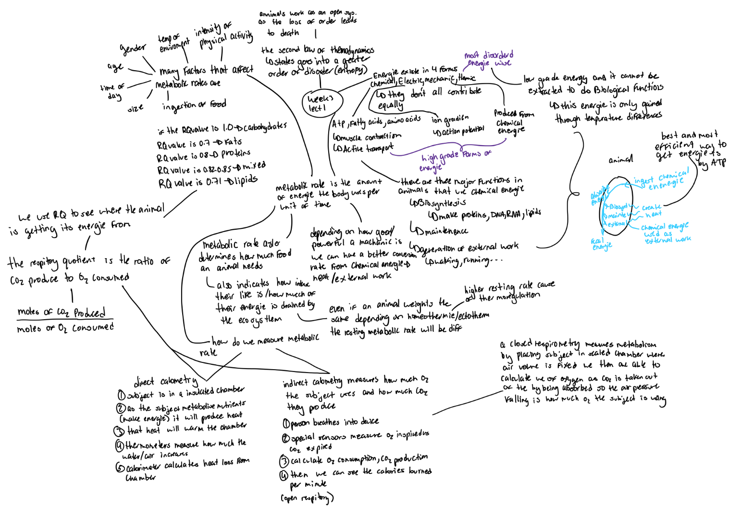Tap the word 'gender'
coord(133,48)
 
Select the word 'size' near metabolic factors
coord(135,109)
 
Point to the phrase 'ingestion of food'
coord(194,105)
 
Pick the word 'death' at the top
coord(289,33)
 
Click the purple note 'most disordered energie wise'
coord(489,59)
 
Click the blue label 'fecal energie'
coord(602,244)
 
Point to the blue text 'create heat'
coord(652,211)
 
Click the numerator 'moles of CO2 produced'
coord(62,312)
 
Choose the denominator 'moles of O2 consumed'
coord(65,328)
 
